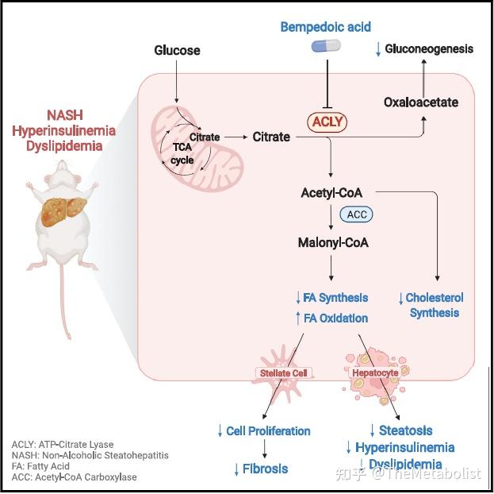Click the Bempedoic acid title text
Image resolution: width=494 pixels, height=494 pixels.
coord(324,27)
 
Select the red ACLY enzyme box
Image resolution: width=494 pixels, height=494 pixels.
coord(328,122)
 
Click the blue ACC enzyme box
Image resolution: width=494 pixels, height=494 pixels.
coord(356,215)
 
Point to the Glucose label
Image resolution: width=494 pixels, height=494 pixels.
coord(177,51)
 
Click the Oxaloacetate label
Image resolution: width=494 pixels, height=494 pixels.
coord(420,102)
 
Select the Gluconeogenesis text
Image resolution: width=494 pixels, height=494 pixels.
coord(429,49)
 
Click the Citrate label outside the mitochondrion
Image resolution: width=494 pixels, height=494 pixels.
coord(271,137)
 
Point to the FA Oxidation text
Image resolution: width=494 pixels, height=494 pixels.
coord(332,318)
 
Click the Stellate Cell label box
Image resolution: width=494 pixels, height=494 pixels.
coord(283,372)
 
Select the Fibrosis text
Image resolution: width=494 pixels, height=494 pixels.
coord(265,469)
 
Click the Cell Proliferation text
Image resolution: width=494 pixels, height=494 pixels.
coord(269,430)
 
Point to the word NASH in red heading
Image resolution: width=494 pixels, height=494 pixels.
coord(63,114)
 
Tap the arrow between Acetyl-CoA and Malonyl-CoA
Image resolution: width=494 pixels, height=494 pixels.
coord(329,217)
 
